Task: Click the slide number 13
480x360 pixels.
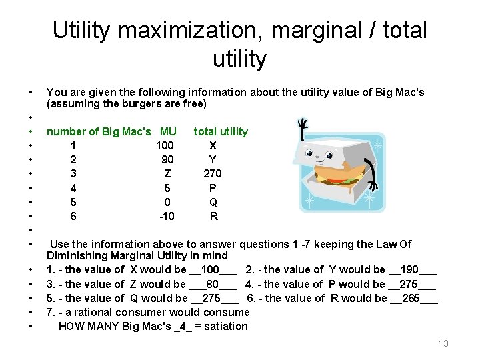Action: [x=443, y=343]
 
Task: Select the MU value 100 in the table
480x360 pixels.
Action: [x=165, y=145]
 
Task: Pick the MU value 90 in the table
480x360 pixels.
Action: [x=168, y=160]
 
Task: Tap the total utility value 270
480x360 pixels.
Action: [x=213, y=174]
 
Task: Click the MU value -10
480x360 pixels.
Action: [x=166, y=217]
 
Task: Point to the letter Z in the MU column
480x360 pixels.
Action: [x=168, y=174]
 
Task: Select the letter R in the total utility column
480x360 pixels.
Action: [x=213, y=217]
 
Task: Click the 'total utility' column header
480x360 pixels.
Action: [x=221, y=131]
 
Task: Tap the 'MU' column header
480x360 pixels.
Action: [x=169, y=131]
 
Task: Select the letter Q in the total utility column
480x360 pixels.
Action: [x=213, y=203]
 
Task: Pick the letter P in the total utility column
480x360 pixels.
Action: [x=213, y=189]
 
